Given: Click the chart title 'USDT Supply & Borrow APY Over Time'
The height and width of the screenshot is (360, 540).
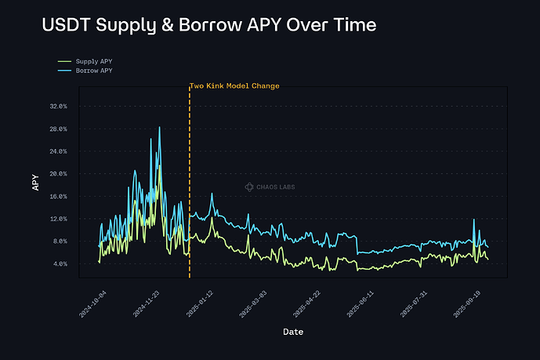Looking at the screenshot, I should coord(208,25).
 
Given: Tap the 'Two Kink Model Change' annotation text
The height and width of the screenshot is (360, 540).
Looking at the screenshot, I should coord(234,85).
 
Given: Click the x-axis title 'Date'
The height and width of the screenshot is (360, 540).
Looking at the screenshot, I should coord(293,332).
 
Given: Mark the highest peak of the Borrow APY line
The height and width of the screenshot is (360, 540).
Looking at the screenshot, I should coord(159,127).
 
